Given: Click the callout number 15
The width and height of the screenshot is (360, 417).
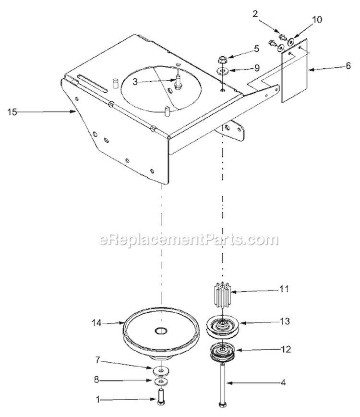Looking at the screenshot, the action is (12, 112).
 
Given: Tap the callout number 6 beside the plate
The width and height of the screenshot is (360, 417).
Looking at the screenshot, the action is (348, 66).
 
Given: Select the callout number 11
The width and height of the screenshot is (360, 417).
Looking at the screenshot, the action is (284, 289).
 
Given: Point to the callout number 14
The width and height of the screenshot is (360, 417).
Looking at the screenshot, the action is (96, 323).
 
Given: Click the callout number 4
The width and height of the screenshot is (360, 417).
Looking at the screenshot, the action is (283, 382).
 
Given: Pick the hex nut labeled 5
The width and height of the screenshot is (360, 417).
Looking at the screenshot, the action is (222, 60).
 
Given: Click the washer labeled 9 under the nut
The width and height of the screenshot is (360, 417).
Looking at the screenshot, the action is (222, 71).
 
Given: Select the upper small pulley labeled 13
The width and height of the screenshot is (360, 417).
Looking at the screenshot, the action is (223, 327).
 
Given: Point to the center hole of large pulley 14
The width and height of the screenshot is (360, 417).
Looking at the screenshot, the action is (161, 331).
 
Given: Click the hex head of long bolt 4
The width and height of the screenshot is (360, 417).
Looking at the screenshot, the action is (222, 405).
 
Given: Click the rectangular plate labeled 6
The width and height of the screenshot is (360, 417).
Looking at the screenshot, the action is (294, 70).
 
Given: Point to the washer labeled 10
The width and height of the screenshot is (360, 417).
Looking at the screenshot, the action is (291, 41).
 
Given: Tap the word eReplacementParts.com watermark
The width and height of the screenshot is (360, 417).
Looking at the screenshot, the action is (188, 239).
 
